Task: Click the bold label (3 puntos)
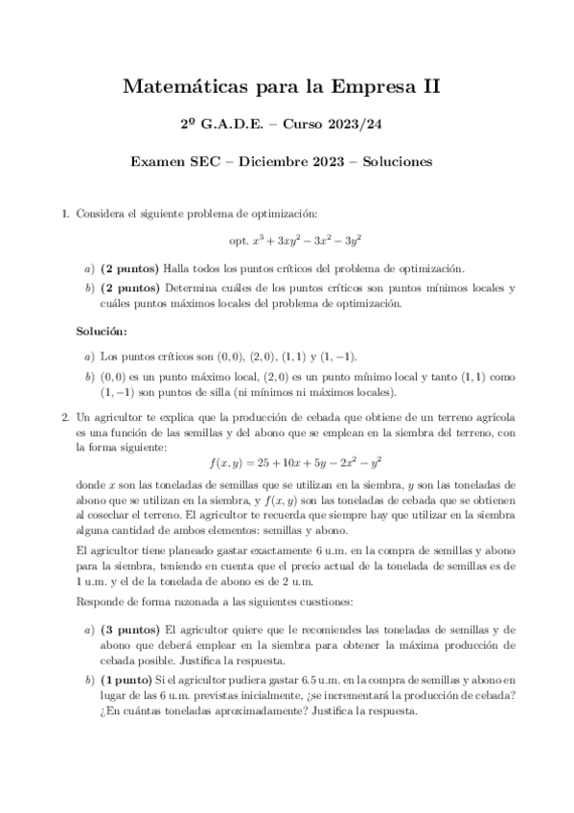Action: point(130,630)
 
